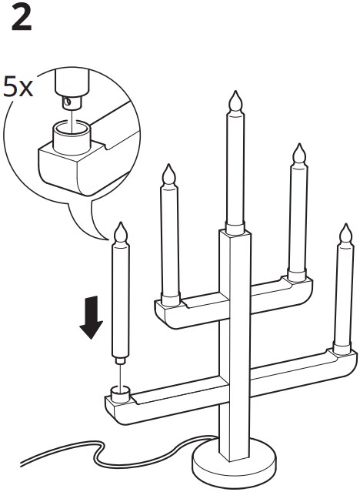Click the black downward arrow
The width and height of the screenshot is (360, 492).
[92, 317]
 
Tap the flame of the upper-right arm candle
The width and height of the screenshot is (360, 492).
[299, 153]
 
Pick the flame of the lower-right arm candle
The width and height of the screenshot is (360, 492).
[346, 233]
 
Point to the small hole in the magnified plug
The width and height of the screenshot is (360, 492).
[67, 101]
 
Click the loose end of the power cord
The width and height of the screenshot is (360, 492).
[22, 464]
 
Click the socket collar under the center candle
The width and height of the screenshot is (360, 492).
[235, 228]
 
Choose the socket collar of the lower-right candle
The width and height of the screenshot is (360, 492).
[342, 348]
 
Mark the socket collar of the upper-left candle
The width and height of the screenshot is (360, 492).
[171, 299]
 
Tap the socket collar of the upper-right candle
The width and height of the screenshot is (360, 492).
[297, 275]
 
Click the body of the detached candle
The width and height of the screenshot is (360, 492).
[121, 300]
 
